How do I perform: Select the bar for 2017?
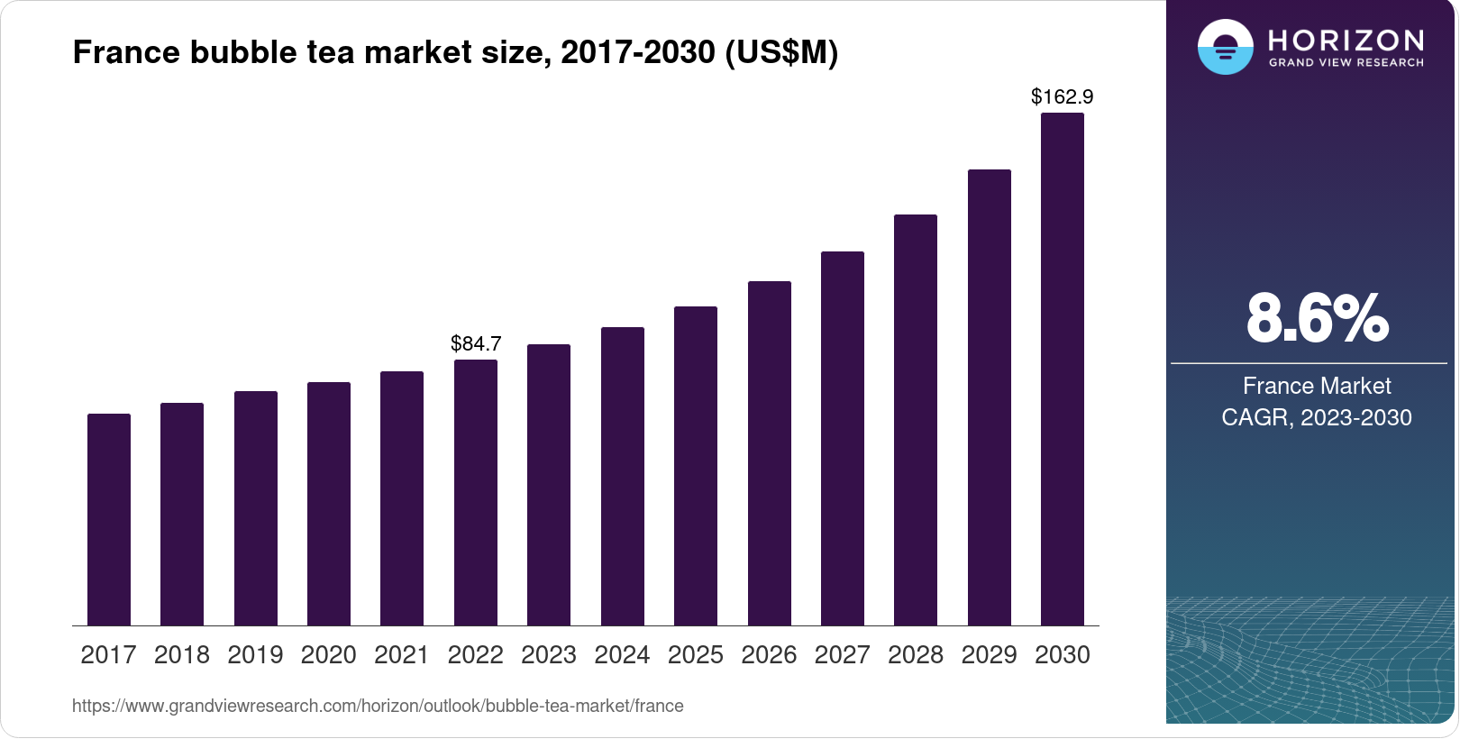coord(109,520)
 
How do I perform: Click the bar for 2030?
coord(1063,369)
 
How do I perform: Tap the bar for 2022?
coord(476,493)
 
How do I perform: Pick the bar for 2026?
coord(770,453)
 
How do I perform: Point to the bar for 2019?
coord(256,508)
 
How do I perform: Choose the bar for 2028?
coord(916,420)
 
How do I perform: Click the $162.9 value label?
coord(1062,96)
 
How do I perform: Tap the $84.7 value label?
coord(476,343)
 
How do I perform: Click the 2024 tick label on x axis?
coord(622,655)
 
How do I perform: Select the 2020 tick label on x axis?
coord(329,655)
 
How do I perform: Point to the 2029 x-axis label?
coord(989,655)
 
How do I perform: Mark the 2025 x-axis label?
coord(696,655)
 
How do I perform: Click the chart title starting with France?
coord(455,52)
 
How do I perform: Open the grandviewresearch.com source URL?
coord(378,706)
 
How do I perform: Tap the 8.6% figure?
coord(1317,318)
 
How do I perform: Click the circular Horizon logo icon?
coord(1225,47)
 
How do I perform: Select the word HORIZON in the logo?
coord(1346,40)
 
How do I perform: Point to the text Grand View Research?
coord(1346,63)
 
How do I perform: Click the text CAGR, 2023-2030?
coord(1317,417)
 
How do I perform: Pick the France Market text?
coord(1317,386)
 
